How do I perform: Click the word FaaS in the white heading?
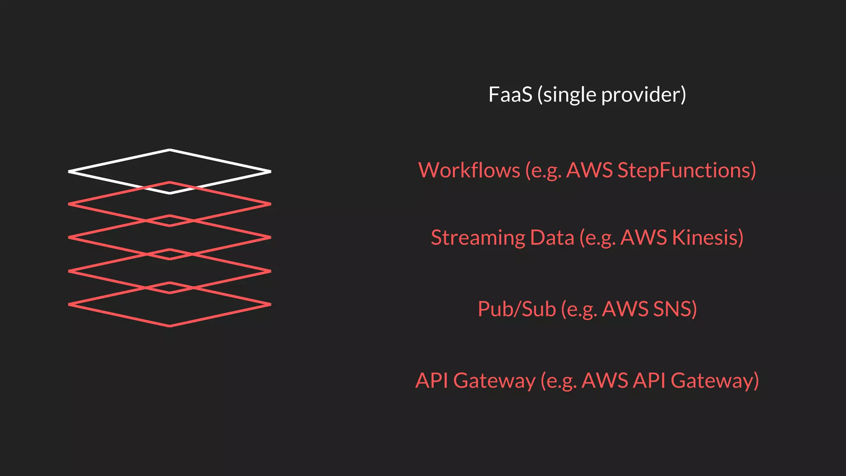[510, 95]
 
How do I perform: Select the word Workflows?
[469, 170]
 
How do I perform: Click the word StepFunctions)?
[687, 170]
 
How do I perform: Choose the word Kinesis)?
[708, 238]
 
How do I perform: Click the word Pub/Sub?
[517, 309]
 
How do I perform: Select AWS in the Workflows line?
[589, 170]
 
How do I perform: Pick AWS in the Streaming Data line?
[644, 238]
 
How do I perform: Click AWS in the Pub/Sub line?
[625, 309]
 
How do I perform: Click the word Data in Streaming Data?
[552, 238]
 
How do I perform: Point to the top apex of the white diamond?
[170, 150]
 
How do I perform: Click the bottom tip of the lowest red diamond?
[170, 326]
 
